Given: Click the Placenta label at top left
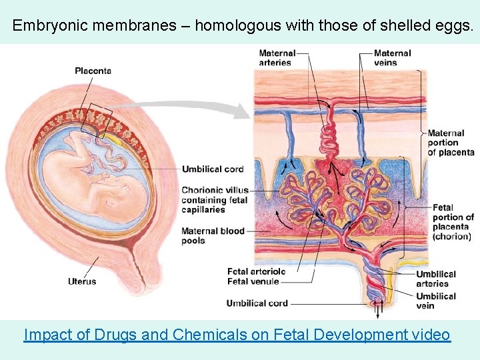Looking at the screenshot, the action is [x=93, y=71].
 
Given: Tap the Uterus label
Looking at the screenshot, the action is [x=81, y=281].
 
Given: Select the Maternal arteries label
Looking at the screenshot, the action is [x=276, y=58].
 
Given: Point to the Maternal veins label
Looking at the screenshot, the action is [x=392, y=58].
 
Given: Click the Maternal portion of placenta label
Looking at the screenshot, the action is [x=451, y=143].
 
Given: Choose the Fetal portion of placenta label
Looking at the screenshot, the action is [x=453, y=222].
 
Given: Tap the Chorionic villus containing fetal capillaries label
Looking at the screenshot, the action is [x=215, y=200].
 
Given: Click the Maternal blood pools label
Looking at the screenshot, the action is [x=213, y=236].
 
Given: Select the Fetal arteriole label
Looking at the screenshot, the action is [x=256, y=271].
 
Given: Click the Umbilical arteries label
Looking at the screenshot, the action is [x=436, y=279].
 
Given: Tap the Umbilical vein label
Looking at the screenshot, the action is [x=436, y=301].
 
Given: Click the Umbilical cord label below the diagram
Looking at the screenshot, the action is [x=257, y=303].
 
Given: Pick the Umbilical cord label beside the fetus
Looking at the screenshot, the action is [x=213, y=169].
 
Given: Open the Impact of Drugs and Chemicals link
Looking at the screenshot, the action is [x=237, y=335].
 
